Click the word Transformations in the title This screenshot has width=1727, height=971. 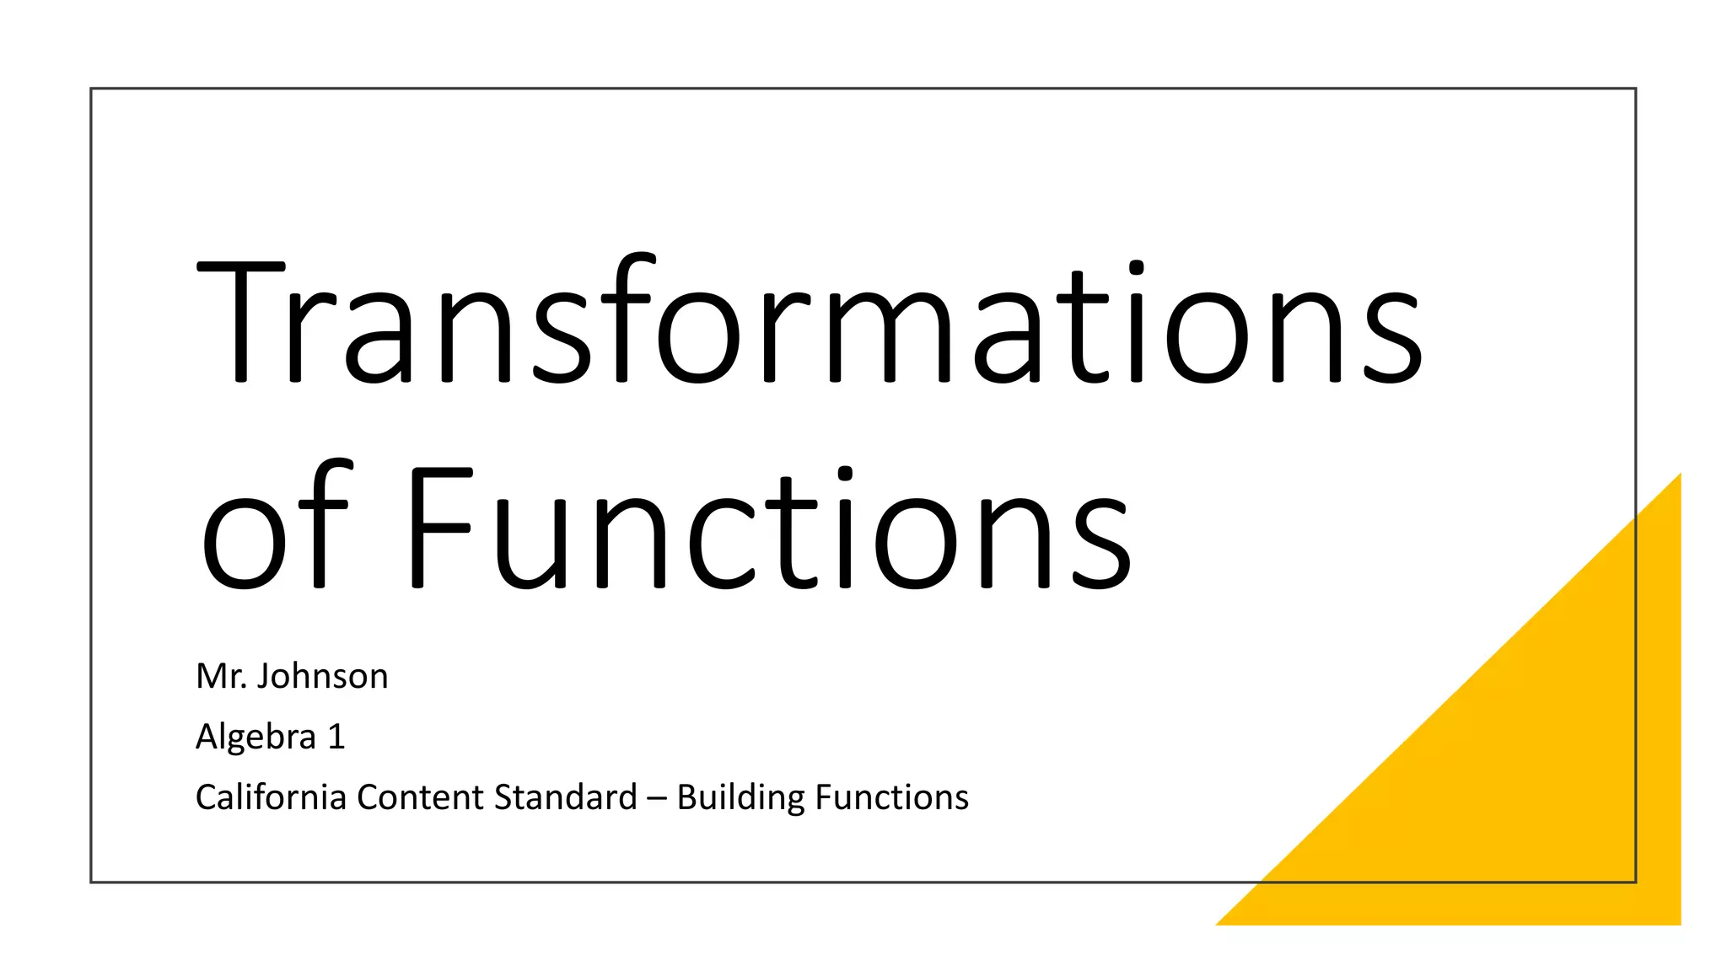click(x=810, y=320)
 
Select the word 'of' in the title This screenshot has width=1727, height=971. click(x=273, y=527)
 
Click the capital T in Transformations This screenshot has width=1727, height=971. click(x=241, y=320)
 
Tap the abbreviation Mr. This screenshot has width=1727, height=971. click(x=221, y=676)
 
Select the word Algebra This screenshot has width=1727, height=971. click(x=256, y=737)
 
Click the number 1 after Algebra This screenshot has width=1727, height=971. click(x=336, y=737)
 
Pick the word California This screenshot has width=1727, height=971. click(x=271, y=797)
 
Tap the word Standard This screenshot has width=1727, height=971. click(x=565, y=797)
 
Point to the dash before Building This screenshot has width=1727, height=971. click(x=657, y=797)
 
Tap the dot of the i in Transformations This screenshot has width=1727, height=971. click(x=1136, y=268)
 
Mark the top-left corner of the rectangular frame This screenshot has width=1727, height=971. click(x=91, y=89)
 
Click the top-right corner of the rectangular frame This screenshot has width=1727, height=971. click(x=1636, y=89)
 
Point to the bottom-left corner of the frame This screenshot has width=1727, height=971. click(x=91, y=882)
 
